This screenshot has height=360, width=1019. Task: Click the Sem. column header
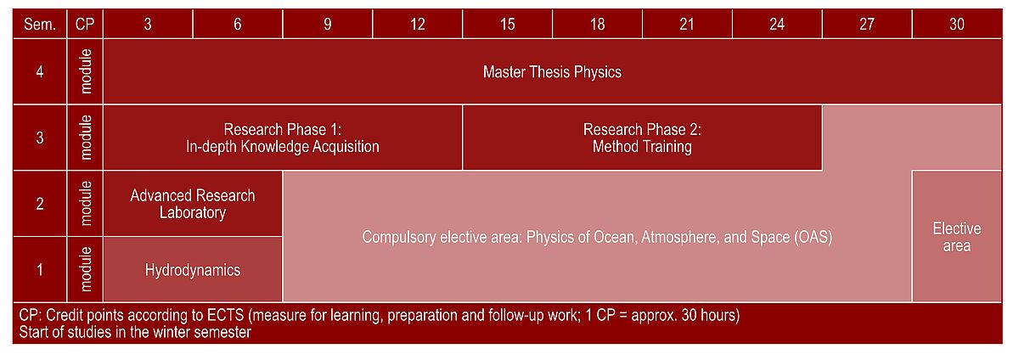pyautogui.click(x=40, y=24)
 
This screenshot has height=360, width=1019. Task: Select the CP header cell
pyautogui.click(x=85, y=24)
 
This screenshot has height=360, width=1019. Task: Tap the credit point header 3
pyautogui.click(x=148, y=24)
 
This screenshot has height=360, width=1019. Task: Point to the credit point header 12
pyautogui.click(x=417, y=24)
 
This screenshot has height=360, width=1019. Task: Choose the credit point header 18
pyautogui.click(x=597, y=24)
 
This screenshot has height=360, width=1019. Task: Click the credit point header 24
pyautogui.click(x=777, y=24)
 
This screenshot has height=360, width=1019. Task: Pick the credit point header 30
pyautogui.click(x=957, y=24)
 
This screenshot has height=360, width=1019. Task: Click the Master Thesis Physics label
pyautogui.click(x=552, y=72)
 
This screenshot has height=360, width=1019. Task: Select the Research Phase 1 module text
pyautogui.click(x=283, y=138)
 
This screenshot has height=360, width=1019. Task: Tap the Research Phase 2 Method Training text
pyautogui.click(x=642, y=138)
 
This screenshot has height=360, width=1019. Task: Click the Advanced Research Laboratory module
pyautogui.click(x=193, y=204)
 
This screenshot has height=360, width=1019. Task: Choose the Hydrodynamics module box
pyautogui.click(x=193, y=269)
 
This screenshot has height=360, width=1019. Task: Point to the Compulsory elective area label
pyautogui.click(x=597, y=237)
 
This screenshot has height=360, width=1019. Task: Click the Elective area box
pyautogui.click(x=957, y=237)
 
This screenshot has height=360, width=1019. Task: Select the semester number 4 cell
pyautogui.click(x=40, y=72)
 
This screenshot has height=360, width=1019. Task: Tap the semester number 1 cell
pyautogui.click(x=40, y=269)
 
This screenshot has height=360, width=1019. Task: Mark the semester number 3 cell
pyautogui.click(x=40, y=138)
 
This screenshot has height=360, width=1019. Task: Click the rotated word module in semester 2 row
pyautogui.click(x=86, y=204)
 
